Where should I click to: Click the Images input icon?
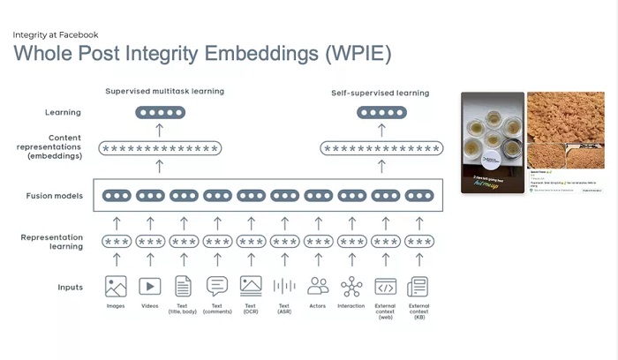coord(116,286)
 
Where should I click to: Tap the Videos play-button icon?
coord(149,286)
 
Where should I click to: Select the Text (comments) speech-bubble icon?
coord(217,286)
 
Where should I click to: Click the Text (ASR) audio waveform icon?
coord(284,286)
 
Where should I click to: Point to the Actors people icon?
coord(318,286)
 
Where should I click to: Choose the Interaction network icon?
coord(351,286)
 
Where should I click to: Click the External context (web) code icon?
coord(385,286)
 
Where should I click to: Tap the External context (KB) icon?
coord(418,286)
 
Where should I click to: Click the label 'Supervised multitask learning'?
coord(164,91)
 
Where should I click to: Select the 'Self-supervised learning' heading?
coord(380,93)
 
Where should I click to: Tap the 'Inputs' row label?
coord(71,287)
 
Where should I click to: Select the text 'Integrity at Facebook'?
coord(55,34)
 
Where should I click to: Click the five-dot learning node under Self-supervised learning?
coord(381,113)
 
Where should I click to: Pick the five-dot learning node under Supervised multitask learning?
coord(160,113)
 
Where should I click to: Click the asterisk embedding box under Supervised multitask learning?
coord(160,149)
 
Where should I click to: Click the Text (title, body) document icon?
coord(184,286)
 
